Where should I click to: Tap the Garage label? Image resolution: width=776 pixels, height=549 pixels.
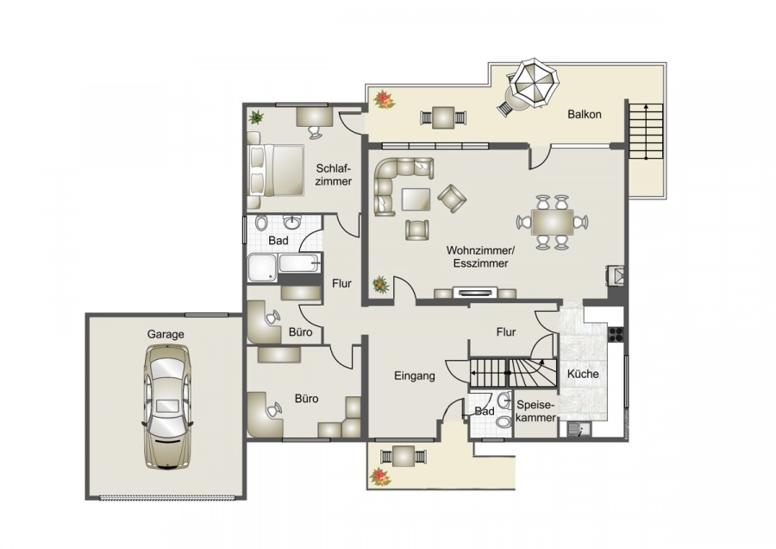166,334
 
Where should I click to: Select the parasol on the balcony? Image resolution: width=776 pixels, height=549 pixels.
529,85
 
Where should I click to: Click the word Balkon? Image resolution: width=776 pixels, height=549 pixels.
584,114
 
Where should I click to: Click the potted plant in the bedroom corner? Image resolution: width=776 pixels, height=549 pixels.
256,117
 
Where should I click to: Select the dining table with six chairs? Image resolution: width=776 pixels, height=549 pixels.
552,223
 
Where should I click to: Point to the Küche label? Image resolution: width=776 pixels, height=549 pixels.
583,374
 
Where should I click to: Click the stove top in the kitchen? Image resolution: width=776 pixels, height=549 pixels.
616,336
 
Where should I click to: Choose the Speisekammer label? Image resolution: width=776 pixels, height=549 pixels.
537,411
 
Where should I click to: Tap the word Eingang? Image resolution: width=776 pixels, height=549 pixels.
415,376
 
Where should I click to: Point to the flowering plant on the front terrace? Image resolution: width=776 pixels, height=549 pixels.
378,476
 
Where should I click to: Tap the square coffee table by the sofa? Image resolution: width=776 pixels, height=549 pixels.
416,199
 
